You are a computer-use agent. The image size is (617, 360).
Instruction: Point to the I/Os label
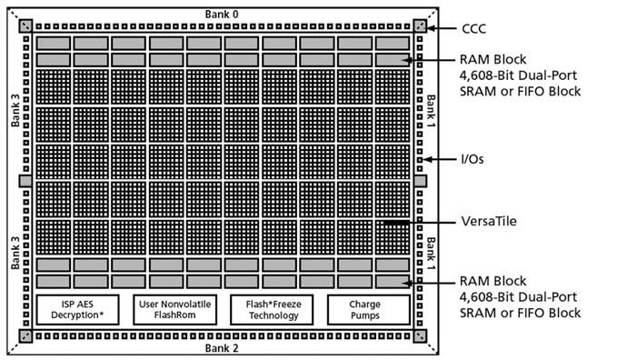point(472,158)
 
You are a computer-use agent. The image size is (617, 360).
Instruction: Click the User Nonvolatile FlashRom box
point(176,309)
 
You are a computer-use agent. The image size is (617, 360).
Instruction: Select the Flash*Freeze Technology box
point(274,309)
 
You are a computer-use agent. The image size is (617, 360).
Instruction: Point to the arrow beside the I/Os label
point(440,158)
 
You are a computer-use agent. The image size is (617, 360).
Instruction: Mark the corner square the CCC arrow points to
point(419,26)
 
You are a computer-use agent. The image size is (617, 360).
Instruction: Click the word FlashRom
point(176,315)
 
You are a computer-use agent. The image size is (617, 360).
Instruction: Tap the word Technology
point(274,315)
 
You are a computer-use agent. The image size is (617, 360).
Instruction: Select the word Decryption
point(77,315)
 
